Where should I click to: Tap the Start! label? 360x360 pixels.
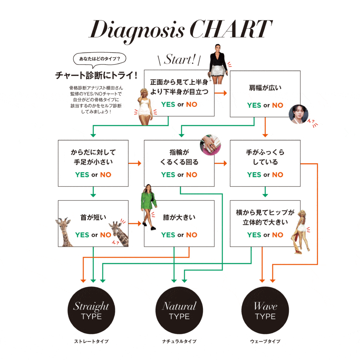(x=179, y=60)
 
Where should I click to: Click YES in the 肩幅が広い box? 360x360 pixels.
(x=254, y=105)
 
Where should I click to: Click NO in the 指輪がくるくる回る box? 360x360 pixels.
(x=191, y=175)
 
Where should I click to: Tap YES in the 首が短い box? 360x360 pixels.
(x=82, y=235)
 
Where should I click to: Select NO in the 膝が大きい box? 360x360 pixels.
(x=191, y=235)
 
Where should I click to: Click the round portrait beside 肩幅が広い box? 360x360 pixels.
(x=298, y=114)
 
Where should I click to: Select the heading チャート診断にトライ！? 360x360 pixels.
(x=97, y=75)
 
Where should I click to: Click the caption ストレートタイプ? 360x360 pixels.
(x=91, y=342)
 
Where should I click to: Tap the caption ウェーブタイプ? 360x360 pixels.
(x=265, y=342)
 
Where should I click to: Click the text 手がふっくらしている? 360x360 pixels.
(x=265, y=157)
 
